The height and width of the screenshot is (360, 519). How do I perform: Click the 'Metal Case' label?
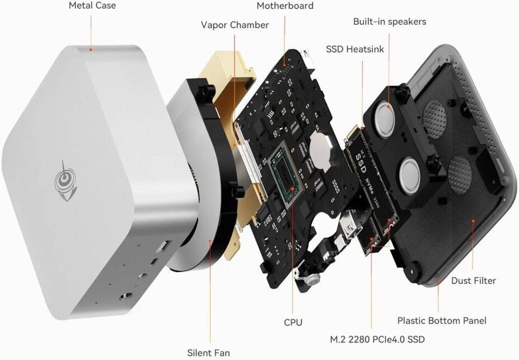[92, 5]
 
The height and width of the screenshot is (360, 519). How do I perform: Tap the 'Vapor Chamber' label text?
[235, 25]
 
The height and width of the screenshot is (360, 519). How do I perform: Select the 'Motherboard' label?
[285, 6]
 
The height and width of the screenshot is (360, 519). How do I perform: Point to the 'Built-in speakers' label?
[390, 21]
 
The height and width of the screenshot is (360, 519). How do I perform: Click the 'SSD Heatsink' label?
[355, 49]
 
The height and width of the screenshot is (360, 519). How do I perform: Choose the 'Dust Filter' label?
[473, 280]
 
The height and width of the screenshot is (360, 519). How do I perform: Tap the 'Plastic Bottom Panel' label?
[442, 320]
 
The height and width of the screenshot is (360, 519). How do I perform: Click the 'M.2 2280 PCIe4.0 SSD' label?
[377, 339]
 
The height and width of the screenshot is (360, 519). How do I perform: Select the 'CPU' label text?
[293, 322]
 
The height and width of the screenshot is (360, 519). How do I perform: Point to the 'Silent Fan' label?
[208, 353]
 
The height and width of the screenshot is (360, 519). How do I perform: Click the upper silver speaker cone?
[384, 119]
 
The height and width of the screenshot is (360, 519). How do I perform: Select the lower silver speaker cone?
[410, 176]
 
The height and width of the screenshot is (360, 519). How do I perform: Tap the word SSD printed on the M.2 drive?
[361, 163]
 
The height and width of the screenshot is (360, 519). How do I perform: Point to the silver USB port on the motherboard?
[352, 225]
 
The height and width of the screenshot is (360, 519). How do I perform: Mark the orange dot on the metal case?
[90, 50]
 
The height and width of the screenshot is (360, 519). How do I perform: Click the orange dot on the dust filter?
[473, 220]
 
